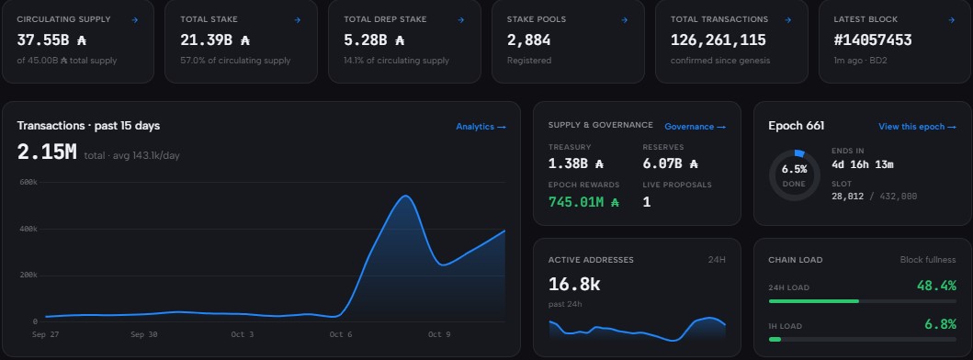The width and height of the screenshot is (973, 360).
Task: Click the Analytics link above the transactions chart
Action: (x=481, y=127)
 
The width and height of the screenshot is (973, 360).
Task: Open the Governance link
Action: (x=695, y=127)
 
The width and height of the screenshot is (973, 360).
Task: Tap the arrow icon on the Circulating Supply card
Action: (x=135, y=20)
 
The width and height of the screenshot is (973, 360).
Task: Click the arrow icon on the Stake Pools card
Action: (x=625, y=20)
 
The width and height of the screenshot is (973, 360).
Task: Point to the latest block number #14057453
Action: (x=873, y=40)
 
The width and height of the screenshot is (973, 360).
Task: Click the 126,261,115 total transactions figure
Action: (x=718, y=40)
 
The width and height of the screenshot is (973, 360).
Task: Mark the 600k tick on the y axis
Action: (x=28, y=183)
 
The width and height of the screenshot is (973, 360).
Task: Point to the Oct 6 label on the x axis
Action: (x=336, y=334)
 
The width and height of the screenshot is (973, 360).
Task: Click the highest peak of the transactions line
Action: (x=405, y=197)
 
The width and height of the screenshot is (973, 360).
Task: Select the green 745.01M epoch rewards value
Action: (x=584, y=202)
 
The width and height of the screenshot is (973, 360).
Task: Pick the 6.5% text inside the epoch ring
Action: (x=794, y=169)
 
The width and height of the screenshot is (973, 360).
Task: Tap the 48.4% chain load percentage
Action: (x=936, y=286)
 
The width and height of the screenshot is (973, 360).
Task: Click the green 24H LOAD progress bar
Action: (x=813, y=301)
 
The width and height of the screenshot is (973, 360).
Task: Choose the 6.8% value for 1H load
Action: (x=940, y=324)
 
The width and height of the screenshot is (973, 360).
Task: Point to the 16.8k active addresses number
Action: (x=574, y=285)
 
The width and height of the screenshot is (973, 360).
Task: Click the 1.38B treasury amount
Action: (x=576, y=163)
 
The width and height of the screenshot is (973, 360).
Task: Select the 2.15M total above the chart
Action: (x=47, y=152)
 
